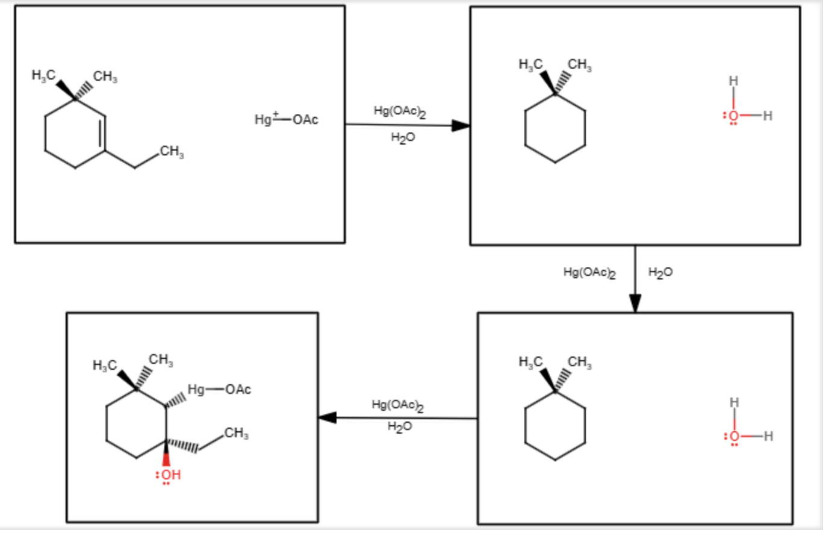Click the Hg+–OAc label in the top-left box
tap(287, 119)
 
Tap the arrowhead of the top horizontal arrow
tap(461, 125)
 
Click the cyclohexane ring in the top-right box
tap(554, 128)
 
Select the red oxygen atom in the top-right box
tap(733, 116)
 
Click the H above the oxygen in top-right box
tap(733, 80)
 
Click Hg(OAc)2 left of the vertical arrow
tap(589, 272)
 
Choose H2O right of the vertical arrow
tap(660, 272)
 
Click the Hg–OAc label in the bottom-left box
tap(219, 390)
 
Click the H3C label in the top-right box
tap(530, 64)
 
